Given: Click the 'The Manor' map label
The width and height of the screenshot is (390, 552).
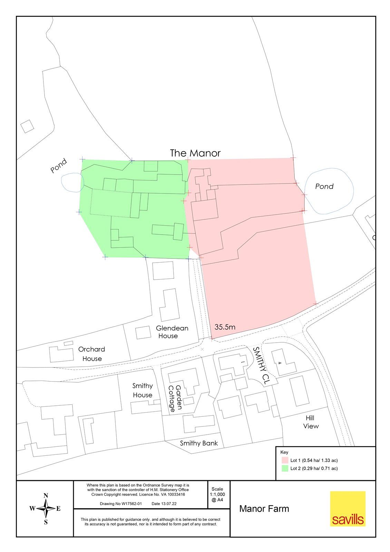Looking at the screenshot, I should coord(195,153).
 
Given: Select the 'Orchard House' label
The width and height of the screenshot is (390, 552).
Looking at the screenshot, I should coord(91,354).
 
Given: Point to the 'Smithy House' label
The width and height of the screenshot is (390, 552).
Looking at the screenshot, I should coord(143,391).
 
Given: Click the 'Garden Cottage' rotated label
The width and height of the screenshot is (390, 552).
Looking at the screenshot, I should coord(175,398).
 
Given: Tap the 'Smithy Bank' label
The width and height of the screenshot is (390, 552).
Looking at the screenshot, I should coord(199,443).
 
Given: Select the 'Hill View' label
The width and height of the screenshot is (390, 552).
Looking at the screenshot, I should coord(311,422).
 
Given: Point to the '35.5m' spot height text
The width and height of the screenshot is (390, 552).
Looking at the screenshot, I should coord(225,327).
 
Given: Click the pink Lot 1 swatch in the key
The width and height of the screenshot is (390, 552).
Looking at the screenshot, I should coord(285,460).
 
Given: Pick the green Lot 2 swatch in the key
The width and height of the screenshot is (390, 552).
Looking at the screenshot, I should coord(285,469).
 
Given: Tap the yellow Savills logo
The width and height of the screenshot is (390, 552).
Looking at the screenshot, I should coord(348,509).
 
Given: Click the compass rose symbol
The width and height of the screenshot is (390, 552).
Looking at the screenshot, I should coord(46,509).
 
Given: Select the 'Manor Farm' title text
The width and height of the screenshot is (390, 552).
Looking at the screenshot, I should coord(264,509).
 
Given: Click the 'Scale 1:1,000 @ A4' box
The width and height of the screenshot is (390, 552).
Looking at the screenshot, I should coord(217,494).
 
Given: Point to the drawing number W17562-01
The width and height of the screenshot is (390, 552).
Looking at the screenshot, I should coord(121,504).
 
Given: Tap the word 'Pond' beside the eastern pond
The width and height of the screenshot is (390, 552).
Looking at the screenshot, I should coord(324,186).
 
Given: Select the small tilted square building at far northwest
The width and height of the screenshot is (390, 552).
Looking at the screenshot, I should coord(27,126).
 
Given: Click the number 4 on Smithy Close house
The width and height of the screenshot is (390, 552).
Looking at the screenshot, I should coord(280,363).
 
